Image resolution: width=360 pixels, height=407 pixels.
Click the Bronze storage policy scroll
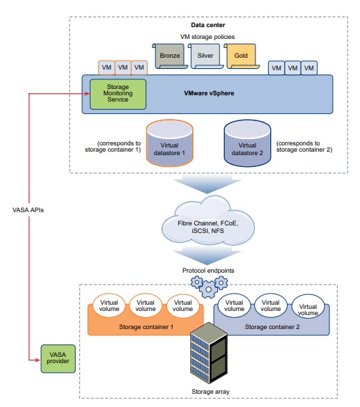(x=170, y=56)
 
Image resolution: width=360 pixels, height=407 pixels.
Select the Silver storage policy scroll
(x=205, y=56)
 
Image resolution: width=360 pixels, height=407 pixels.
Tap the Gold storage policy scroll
(x=242, y=56)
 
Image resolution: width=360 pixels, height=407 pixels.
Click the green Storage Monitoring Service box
(x=118, y=94)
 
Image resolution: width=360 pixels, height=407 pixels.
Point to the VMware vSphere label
(x=209, y=93)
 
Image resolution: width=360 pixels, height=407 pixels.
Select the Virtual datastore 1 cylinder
(x=170, y=143)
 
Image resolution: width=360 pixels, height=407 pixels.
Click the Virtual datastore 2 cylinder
(x=247, y=143)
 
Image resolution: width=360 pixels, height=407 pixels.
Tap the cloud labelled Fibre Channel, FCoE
(x=208, y=220)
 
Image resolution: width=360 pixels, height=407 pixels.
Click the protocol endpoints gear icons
(x=209, y=287)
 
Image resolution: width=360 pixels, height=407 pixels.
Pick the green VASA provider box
(x=58, y=358)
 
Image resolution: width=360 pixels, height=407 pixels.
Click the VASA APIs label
(x=28, y=210)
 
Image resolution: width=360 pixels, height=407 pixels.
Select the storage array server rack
(x=209, y=353)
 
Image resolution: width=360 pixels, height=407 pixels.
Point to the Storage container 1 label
(x=146, y=327)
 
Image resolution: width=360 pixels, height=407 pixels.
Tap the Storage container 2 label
(x=272, y=327)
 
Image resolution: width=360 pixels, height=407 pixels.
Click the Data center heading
(x=208, y=25)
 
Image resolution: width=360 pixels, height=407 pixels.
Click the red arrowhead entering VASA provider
(x=38, y=360)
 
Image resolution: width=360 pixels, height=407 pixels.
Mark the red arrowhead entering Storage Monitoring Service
(x=87, y=94)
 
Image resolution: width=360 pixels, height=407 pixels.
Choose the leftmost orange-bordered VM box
(x=107, y=67)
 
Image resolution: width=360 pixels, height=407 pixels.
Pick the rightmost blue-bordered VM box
(x=309, y=68)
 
